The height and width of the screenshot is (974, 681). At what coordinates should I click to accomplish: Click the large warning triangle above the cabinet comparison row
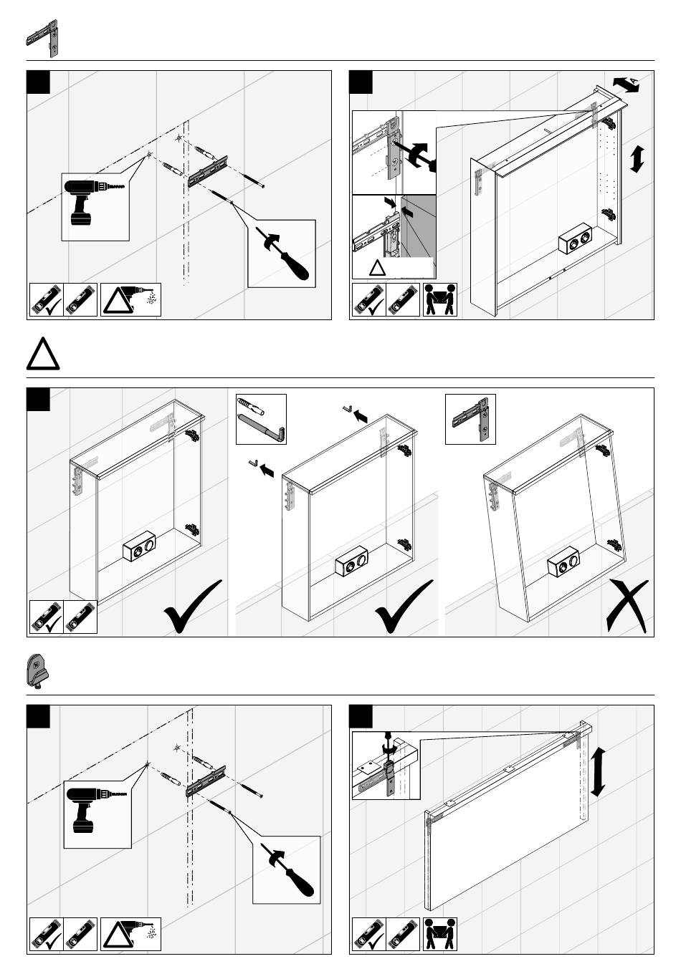click(44, 355)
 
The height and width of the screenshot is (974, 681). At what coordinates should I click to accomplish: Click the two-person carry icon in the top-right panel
click(440, 300)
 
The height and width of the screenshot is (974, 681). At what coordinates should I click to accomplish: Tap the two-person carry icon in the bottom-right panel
click(440, 935)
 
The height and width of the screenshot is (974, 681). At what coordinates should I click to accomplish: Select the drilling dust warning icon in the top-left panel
click(131, 300)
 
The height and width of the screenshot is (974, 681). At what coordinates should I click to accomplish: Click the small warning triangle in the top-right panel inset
click(378, 269)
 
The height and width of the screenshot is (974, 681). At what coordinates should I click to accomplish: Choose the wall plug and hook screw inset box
click(261, 418)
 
